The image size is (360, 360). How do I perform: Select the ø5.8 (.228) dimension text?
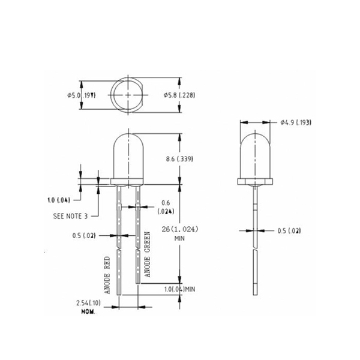(179, 95)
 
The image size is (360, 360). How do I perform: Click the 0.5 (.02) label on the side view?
(290, 230)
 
